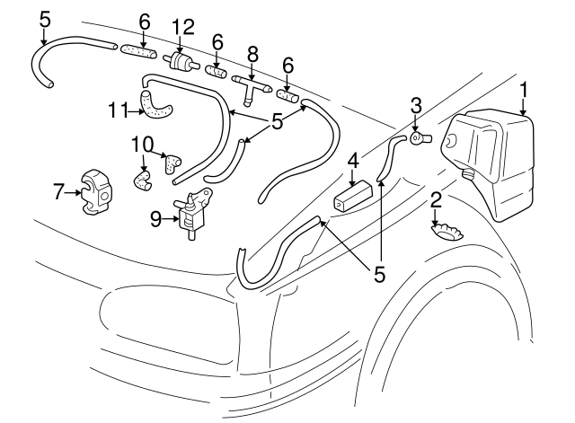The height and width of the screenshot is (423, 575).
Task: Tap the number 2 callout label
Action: (x=435, y=198)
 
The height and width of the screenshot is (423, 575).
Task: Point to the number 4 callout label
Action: (x=354, y=162)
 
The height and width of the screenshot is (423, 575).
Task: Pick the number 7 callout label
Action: (x=57, y=190)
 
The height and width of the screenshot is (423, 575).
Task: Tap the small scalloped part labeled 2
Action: (x=447, y=232)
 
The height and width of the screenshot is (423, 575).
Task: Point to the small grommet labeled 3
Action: (x=420, y=137)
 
